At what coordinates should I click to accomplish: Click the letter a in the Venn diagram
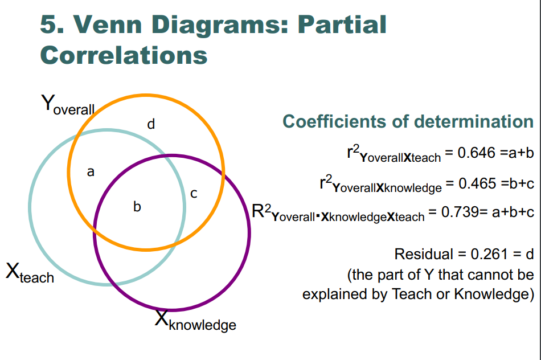tap(90, 171)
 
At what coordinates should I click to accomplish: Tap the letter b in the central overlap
tap(137, 207)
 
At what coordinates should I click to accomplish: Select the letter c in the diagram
tap(194, 194)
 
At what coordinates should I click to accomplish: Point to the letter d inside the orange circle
tap(151, 124)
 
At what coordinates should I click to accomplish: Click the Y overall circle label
tap(67, 105)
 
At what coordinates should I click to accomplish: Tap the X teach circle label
tap(30, 273)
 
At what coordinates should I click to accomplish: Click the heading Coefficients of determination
tap(408, 121)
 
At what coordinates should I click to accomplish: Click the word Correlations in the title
tap(124, 55)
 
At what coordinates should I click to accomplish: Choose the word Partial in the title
tap(341, 24)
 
